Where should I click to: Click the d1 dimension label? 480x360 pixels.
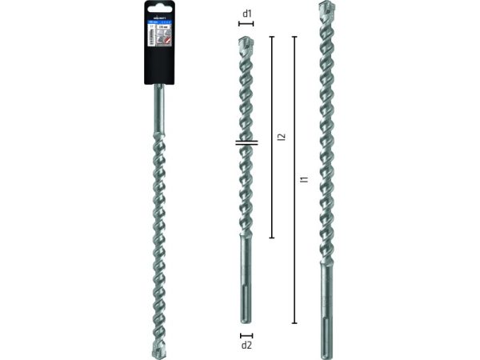tap(247, 12)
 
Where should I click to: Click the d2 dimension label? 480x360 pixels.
tap(247, 346)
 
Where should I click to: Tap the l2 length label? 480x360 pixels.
tap(281, 137)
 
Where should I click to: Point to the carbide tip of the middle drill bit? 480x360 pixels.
tap(246, 41)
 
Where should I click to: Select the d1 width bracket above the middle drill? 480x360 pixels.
tap(246, 24)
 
